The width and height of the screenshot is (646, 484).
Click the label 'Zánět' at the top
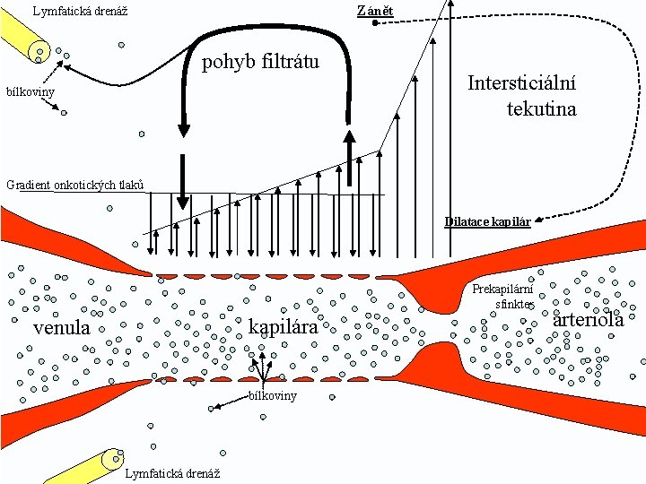tap(374, 11)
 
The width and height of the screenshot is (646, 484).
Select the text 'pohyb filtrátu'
tap(260, 62)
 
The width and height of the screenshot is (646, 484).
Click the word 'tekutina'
tap(541, 109)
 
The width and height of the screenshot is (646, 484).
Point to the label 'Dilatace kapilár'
tap(487, 221)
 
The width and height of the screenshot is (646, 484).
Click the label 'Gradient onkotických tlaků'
tap(74, 185)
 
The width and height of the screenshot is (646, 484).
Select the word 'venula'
tap(61, 328)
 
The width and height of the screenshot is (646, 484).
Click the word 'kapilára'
tap(283, 327)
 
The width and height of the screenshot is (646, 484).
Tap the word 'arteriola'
tap(589, 320)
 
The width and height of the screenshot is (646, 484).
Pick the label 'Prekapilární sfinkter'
tap(502, 297)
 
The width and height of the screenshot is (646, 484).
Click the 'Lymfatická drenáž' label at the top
tap(80, 12)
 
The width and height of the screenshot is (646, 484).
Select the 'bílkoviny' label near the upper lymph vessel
tap(31, 92)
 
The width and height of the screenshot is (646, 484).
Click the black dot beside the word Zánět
tap(375, 23)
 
